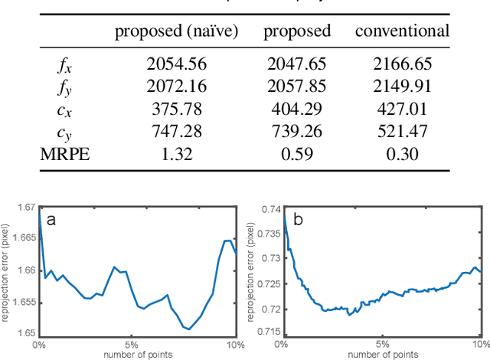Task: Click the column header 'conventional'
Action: (x=402, y=31)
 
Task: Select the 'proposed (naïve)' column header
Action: (x=177, y=31)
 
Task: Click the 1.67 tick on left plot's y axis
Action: (x=26, y=208)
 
